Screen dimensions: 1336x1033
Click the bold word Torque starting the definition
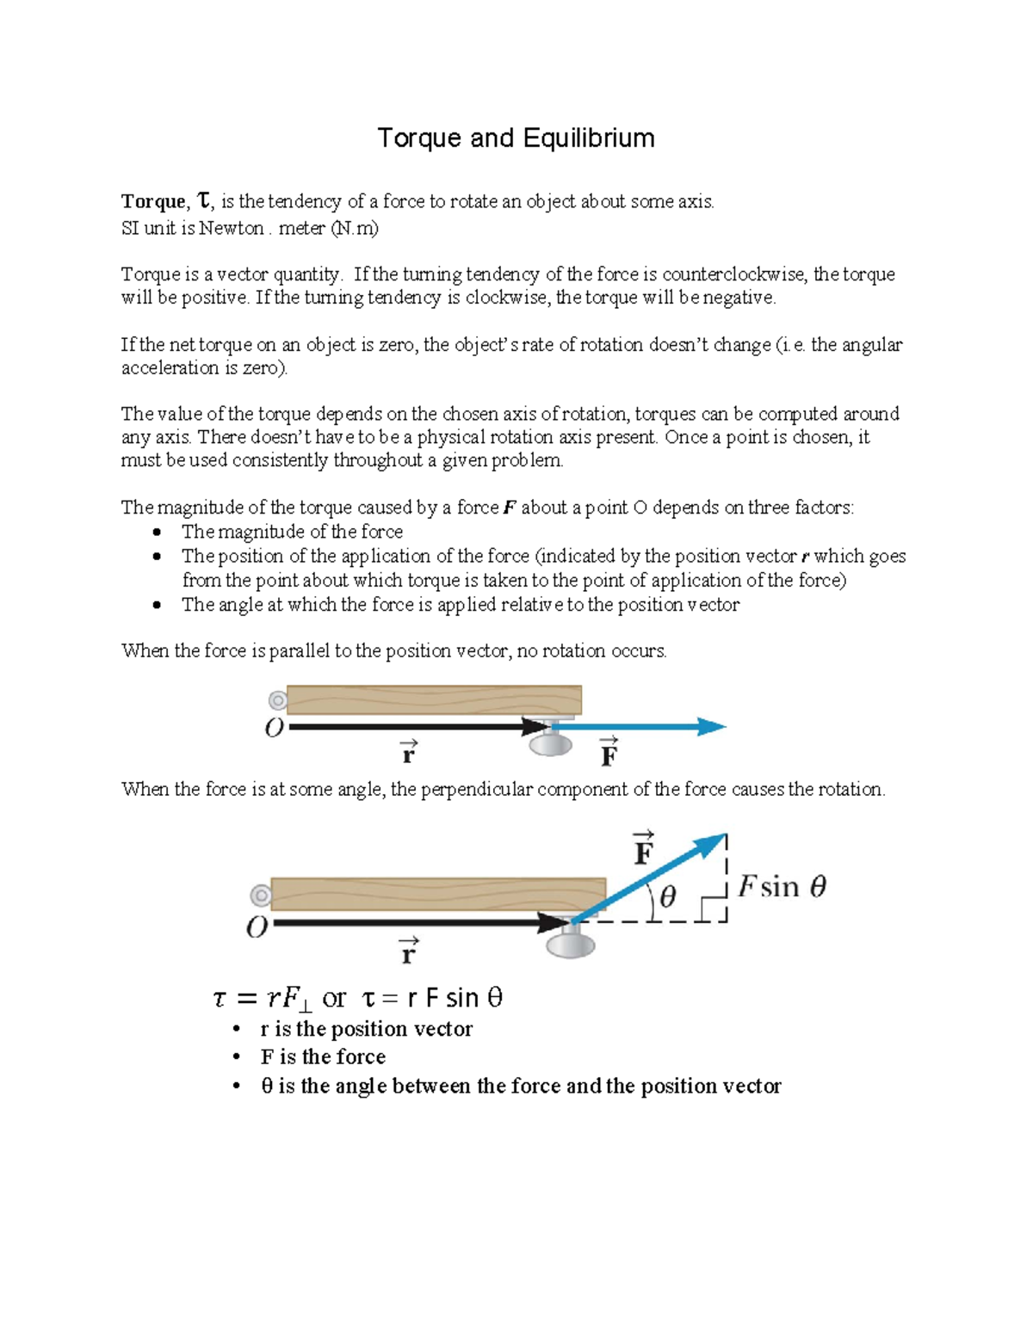point(153,201)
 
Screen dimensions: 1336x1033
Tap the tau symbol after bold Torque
point(203,201)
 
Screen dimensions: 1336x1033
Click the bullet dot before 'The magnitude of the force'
point(157,532)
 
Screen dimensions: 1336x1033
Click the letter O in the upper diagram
point(274,729)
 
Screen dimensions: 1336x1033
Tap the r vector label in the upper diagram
point(408,753)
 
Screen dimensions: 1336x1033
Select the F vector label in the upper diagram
point(609,753)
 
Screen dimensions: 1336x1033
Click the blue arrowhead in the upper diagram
point(711,727)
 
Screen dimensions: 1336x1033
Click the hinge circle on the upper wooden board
point(277,700)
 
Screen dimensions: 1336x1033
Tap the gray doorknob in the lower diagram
point(571,944)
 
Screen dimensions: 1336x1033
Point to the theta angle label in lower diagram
point(666,897)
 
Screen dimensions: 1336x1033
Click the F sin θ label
point(782,886)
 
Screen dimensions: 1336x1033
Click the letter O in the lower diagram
point(257,927)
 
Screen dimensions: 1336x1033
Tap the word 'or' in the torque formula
point(334,999)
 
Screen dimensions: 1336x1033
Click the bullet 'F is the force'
point(323,1056)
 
